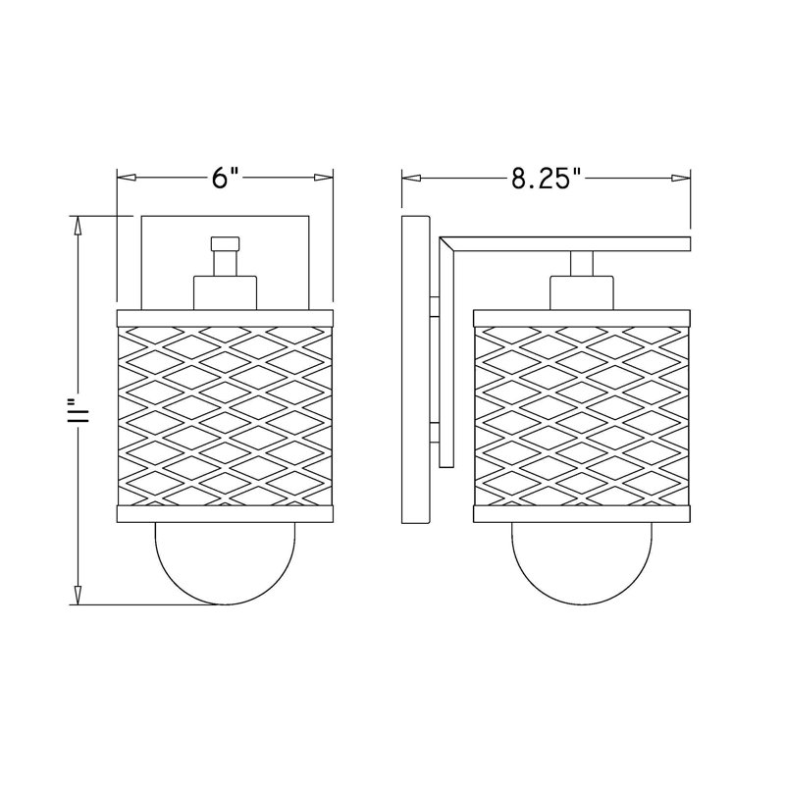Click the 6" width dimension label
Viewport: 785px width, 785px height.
[225, 179]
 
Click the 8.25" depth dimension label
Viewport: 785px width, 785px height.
[547, 179]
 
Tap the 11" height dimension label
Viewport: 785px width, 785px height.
[79, 410]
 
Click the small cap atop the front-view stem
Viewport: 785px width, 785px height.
[225, 243]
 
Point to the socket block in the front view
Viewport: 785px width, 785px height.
[225, 292]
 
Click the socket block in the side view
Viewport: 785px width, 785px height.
[581, 292]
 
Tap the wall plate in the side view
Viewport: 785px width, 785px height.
[415, 370]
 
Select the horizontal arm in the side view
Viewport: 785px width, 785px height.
[566, 243]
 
